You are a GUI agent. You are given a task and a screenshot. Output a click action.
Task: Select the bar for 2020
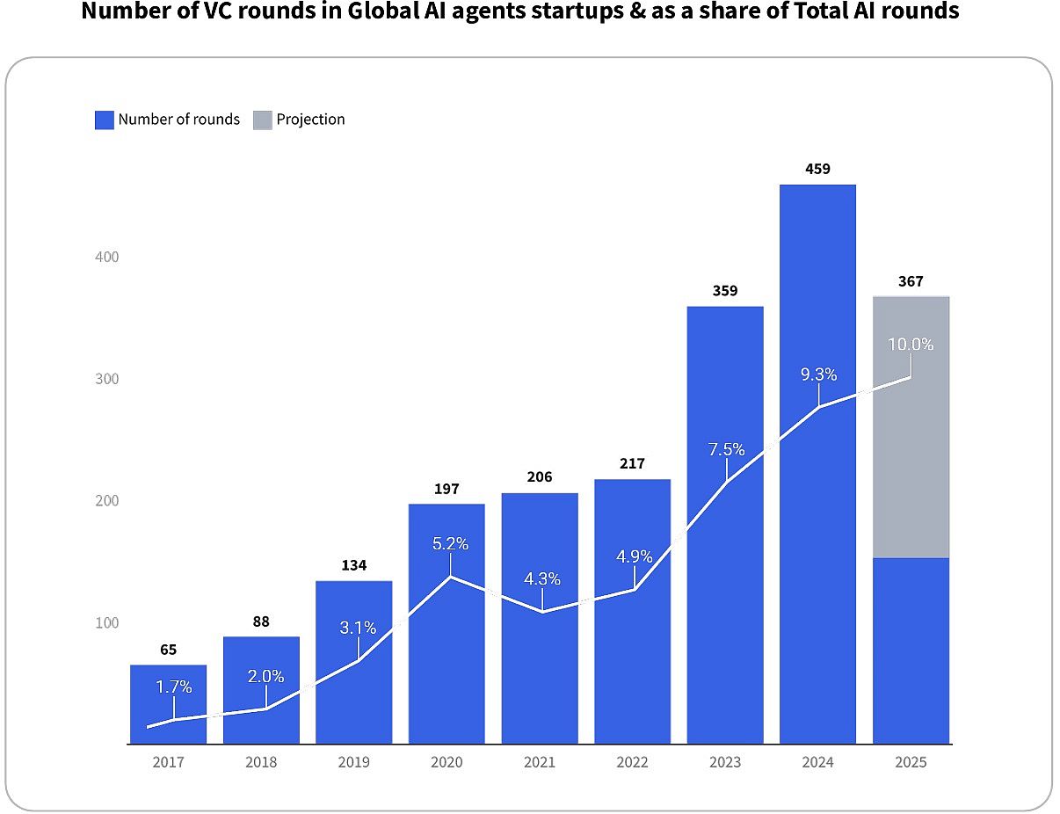click(x=447, y=650)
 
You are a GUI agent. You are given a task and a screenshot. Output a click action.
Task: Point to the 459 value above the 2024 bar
click(x=817, y=169)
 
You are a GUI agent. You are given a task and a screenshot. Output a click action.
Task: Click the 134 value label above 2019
click(x=353, y=565)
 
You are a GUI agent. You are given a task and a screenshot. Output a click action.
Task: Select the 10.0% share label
click(x=911, y=345)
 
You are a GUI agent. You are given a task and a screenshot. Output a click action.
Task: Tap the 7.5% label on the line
click(x=727, y=450)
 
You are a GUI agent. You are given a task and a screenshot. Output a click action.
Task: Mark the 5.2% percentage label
click(x=450, y=544)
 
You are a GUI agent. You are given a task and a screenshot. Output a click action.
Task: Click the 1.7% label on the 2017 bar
click(x=174, y=687)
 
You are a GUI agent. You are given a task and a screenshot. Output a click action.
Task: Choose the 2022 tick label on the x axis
click(x=632, y=763)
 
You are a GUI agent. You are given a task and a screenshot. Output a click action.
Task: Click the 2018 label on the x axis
click(x=261, y=763)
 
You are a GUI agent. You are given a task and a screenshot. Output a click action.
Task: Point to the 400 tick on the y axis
click(x=106, y=258)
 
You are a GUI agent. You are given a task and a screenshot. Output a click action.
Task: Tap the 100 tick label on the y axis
click(x=106, y=623)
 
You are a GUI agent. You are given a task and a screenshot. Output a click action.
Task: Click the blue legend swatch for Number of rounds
click(x=105, y=120)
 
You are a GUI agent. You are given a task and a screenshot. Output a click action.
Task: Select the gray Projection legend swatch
click(x=263, y=120)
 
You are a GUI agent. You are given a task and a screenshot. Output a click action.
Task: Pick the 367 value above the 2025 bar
click(x=911, y=282)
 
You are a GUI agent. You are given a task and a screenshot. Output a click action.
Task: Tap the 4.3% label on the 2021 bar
click(x=542, y=579)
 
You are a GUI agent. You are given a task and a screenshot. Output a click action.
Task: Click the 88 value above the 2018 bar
click(x=261, y=621)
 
